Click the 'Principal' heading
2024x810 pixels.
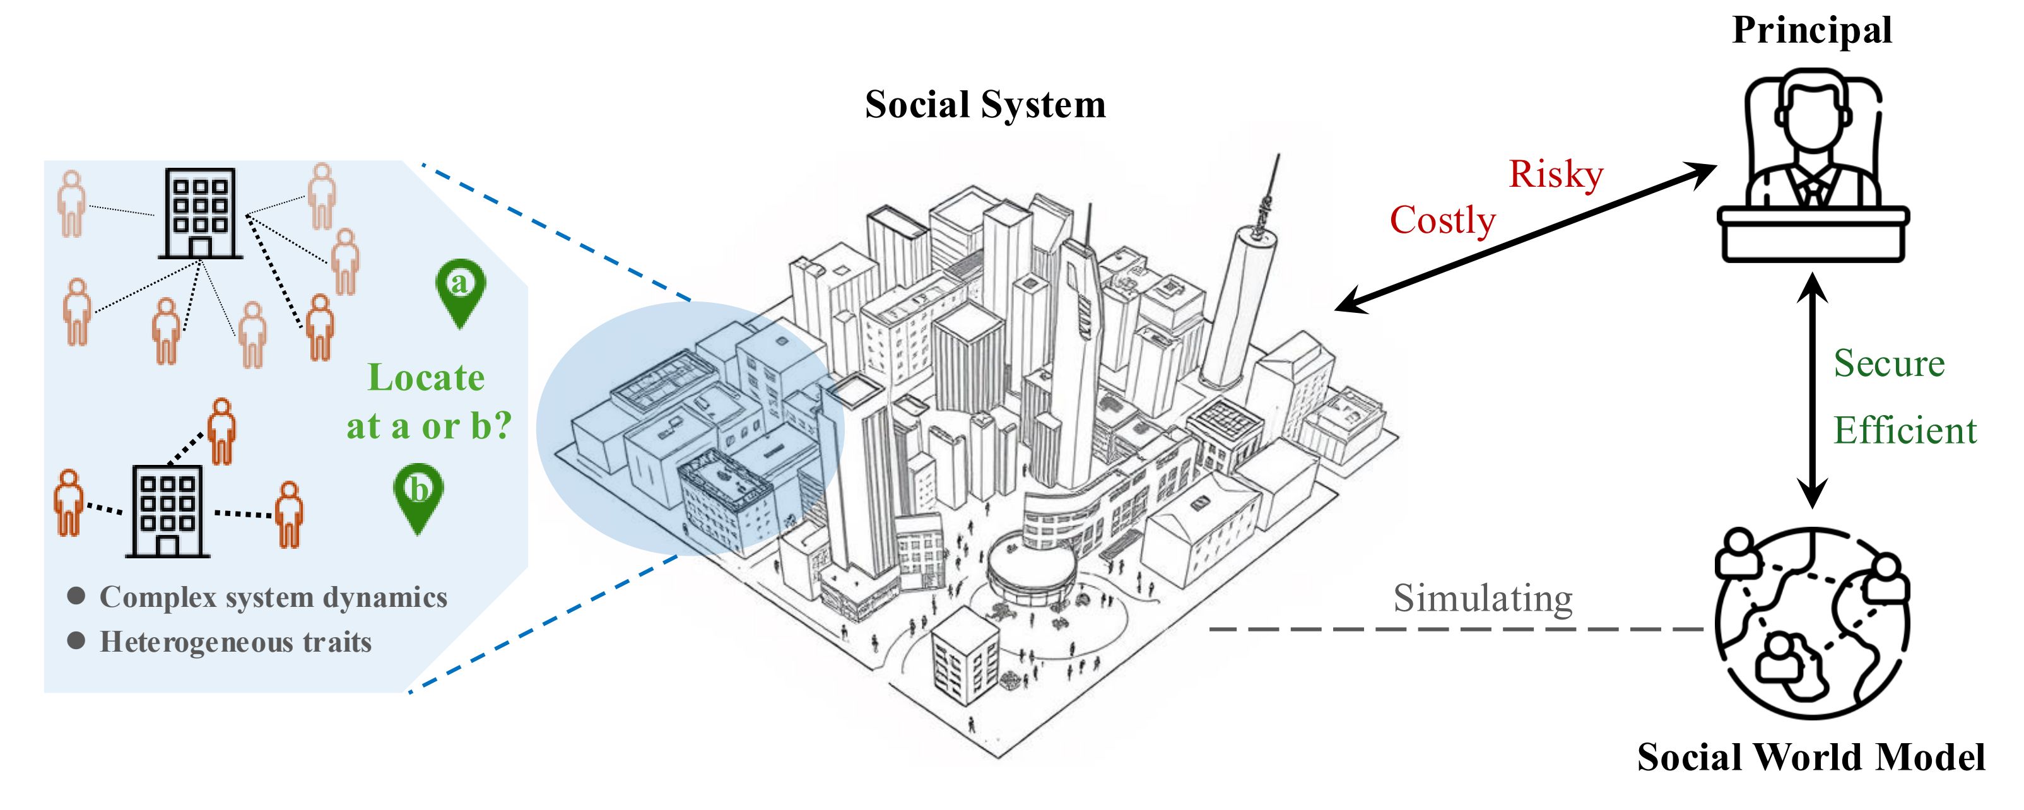tap(1812, 32)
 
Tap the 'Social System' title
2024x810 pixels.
tap(986, 105)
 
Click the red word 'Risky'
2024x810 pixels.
tap(1556, 174)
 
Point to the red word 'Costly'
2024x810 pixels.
tap(1442, 221)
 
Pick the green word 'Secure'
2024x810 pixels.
tap(1889, 364)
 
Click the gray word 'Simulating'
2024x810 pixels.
tap(1483, 599)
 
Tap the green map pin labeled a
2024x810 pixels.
tap(460, 291)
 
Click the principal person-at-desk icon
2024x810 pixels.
tap(1813, 165)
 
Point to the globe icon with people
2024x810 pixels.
tap(1811, 623)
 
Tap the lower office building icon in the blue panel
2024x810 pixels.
tap(167, 512)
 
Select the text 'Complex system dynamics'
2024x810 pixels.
tap(273, 597)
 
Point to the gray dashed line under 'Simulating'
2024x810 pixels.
tap(1454, 630)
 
